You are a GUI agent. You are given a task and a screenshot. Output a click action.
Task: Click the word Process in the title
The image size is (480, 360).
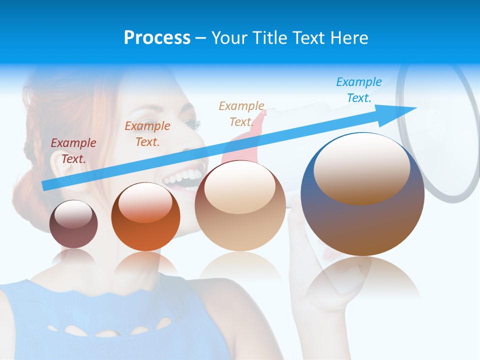[157, 37]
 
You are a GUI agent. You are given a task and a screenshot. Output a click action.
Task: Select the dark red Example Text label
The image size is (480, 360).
[73, 150]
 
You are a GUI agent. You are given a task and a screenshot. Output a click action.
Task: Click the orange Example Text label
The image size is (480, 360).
[147, 133]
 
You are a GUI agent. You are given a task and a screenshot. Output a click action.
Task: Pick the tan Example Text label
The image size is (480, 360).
[241, 113]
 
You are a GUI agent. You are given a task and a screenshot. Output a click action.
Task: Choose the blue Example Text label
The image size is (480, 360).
[358, 89]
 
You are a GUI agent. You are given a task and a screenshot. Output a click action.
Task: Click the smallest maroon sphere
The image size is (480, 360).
[73, 232]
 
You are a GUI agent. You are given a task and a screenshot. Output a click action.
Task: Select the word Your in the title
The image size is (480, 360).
[229, 37]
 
